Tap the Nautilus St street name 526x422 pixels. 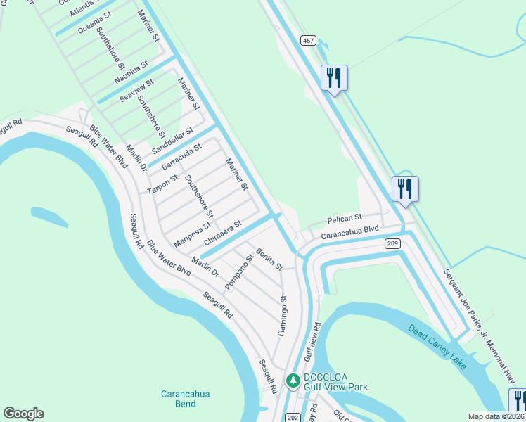(x=132, y=72)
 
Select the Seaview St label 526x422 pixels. (x=136, y=93)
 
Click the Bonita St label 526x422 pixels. (x=269, y=260)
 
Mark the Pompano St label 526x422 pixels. (x=238, y=272)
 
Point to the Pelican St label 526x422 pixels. (x=344, y=218)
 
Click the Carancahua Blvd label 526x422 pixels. (x=350, y=230)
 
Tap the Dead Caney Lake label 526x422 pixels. (x=437, y=346)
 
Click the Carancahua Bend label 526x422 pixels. (x=185, y=399)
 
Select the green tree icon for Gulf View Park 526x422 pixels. (x=293, y=381)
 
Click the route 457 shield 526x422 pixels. (x=309, y=40)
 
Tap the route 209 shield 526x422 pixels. (x=392, y=243)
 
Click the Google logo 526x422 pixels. (x=23, y=414)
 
